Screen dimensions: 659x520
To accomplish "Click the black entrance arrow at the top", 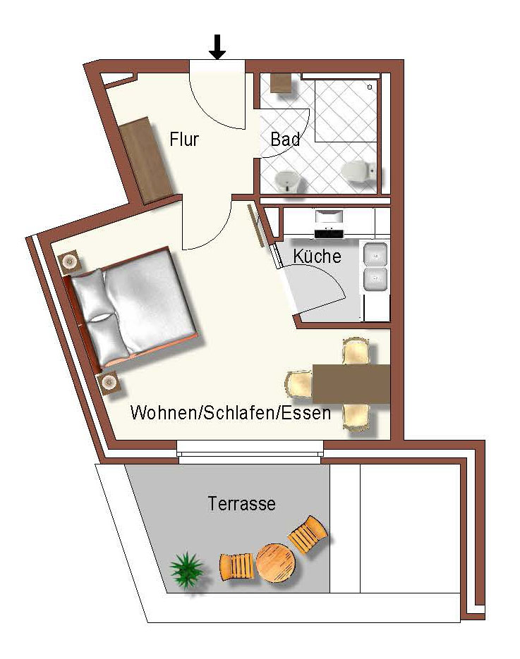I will [217, 47].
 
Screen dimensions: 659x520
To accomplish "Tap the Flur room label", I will [184, 140].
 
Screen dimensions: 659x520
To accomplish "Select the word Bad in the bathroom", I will [285, 140].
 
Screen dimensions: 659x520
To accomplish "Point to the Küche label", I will [318, 257].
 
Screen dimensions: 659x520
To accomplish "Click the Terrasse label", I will [241, 504].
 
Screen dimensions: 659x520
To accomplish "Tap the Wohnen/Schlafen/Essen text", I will [231, 413].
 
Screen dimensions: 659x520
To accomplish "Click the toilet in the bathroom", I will [356, 171].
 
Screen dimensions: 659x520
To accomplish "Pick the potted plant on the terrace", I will [186, 568].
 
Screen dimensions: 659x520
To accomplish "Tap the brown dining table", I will [351, 383].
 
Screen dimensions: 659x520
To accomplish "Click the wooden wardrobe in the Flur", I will [147, 160].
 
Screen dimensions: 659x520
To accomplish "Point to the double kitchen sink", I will [376, 266].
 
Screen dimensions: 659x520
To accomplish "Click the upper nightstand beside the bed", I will [71, 263].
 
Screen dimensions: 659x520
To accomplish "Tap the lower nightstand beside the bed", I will [109, 383].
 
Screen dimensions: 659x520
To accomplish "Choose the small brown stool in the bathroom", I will [281, 82].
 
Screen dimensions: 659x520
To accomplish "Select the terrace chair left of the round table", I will [236, 567].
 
